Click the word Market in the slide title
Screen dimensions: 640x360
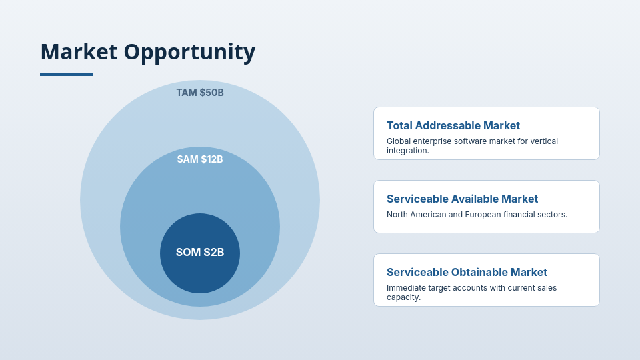[x=79, y=52]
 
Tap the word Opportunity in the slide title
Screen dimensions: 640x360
[x=189, y=53]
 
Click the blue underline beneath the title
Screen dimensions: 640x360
[x=67, y=75]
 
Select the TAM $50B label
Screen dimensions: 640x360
[x=200, y=93]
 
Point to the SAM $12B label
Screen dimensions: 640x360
[x=200, y=159]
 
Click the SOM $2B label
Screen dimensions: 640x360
[x=200, y=252]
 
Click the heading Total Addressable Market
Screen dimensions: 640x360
[x=453, y=125]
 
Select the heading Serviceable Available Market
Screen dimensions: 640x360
[x=463, y=199]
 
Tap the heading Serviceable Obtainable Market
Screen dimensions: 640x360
[x=467, y=272]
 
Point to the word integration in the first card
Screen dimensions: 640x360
[x=407, y=151]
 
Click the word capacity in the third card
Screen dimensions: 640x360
[x=403, y=297]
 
